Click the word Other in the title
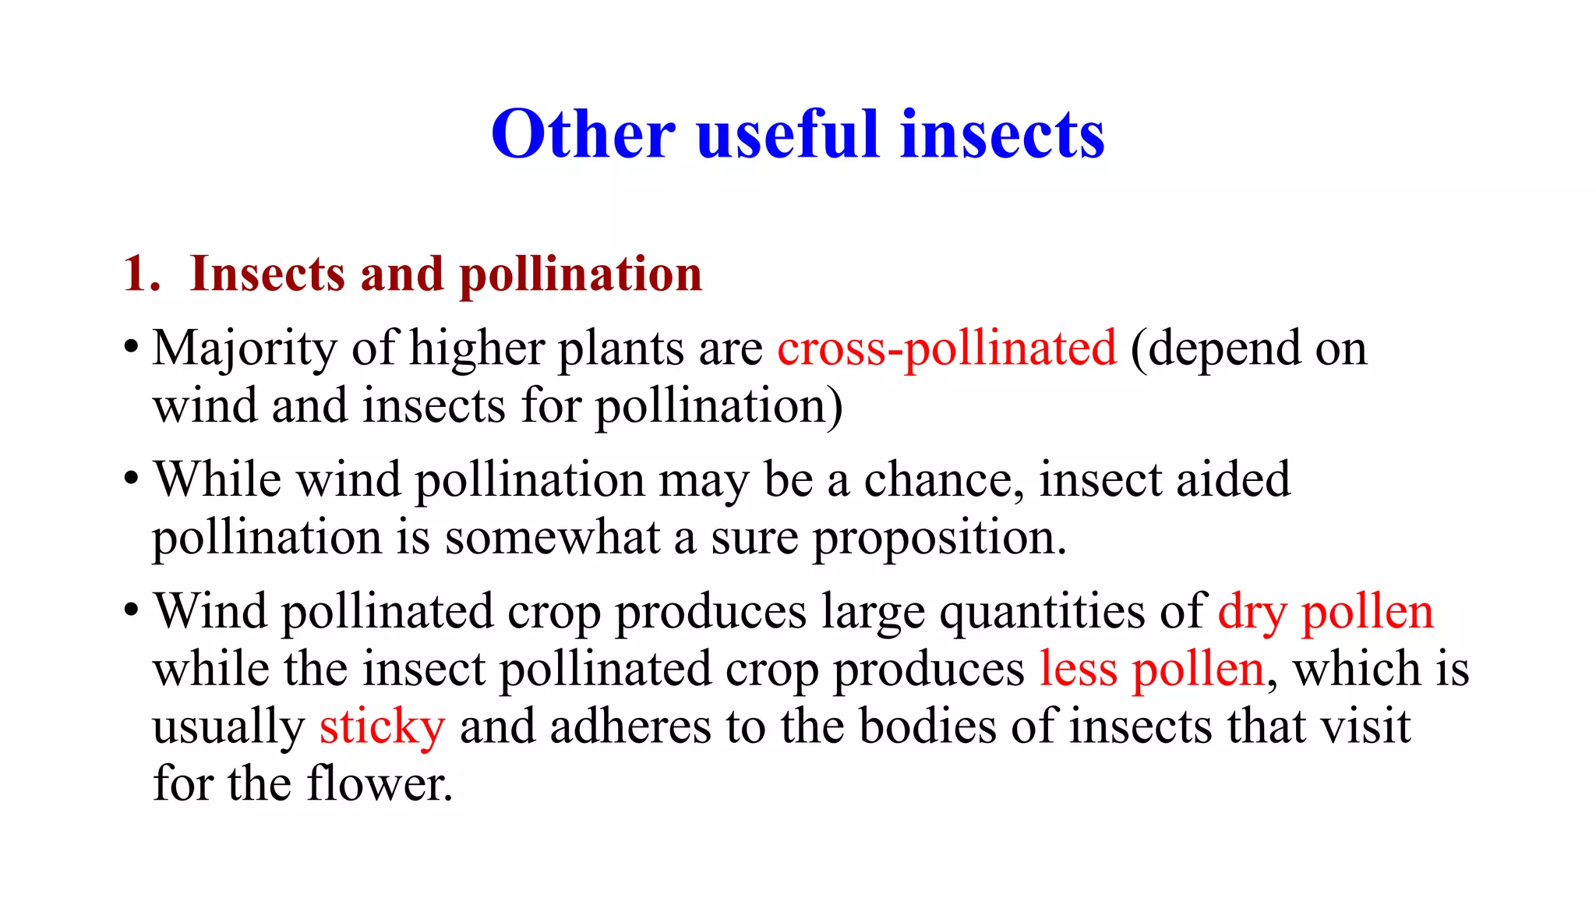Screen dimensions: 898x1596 583,134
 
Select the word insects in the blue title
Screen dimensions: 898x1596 1002,134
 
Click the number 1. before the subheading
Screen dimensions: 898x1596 142,274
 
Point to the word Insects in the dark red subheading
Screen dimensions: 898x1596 267,274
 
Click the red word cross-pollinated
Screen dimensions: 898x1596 947,348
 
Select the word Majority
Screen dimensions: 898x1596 245,349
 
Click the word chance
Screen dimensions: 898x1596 944,479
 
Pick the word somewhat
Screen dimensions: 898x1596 553,538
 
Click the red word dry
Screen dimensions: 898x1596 1252,612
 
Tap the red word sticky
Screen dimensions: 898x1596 382,727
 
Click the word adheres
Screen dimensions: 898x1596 630,727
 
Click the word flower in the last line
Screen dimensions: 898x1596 379,784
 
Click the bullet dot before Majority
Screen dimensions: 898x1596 132,347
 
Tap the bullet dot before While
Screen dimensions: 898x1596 132,479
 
